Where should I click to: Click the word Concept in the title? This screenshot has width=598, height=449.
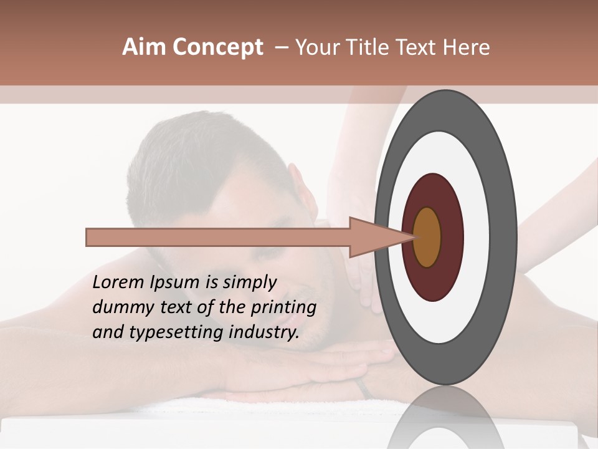[217, 48]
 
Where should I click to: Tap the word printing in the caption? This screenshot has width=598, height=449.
[283, 308]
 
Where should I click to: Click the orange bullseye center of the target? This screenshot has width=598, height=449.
[427, 237]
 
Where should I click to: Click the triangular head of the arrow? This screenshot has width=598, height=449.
[374, 237]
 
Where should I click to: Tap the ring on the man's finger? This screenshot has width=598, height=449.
[363, 389]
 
